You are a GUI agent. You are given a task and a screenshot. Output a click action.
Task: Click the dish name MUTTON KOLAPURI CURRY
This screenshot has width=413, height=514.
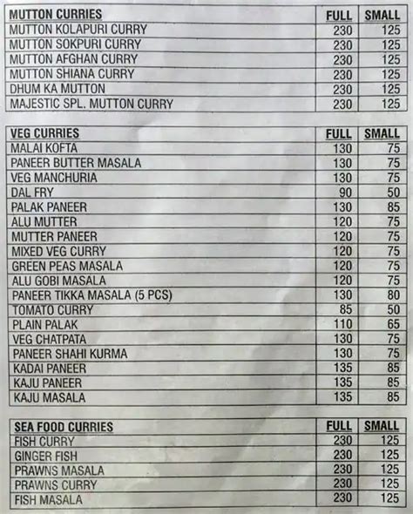click(x=76, y=30)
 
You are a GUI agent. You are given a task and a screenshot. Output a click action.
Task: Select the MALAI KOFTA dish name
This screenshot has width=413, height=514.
click(x=44, y=148)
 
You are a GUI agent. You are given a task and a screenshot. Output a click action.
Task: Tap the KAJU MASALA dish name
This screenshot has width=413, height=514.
click(x=49, y=398)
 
